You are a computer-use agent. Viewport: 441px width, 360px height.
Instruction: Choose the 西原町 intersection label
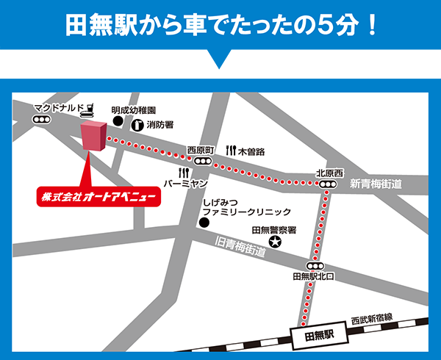[x=200, y=149]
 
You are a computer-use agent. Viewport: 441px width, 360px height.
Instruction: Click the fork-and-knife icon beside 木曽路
[x=231, y=151]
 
